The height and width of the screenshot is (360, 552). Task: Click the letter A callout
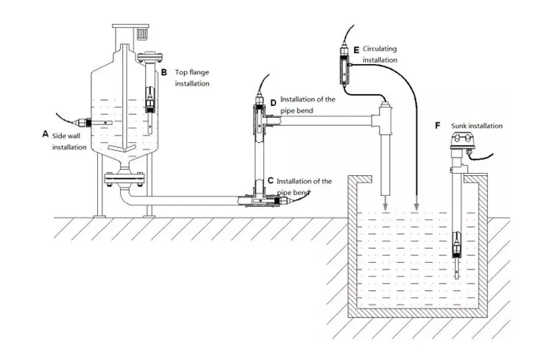tap(46, 134)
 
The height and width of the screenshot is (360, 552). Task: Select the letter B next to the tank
tap(164, 72)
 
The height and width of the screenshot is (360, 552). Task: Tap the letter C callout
tap(271, 180)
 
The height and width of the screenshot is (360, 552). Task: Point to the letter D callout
tap(273, 102)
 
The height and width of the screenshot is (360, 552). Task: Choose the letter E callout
tap(356, 49)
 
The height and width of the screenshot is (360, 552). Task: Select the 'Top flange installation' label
tap(192, 78)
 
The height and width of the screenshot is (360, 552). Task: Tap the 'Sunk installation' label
tap(476, 126)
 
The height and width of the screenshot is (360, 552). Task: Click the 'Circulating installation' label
tap(381, 54)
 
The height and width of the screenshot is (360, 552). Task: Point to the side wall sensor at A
tap(91, 122)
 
